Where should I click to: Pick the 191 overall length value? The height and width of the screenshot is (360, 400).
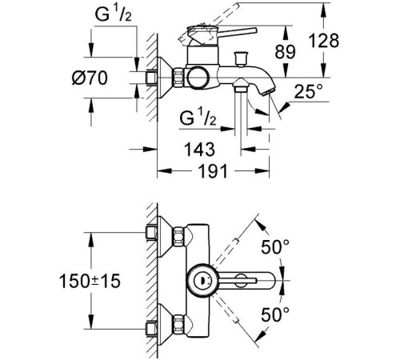[x=212, y=170]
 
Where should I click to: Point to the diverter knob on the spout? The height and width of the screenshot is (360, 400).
[x=242, y=58]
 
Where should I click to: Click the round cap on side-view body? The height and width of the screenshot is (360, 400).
[x=197, y=77]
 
